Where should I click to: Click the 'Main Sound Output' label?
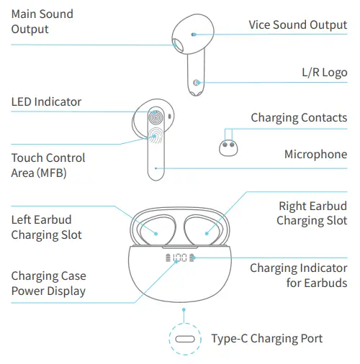tap(42, 22)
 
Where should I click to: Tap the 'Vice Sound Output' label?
tap(298, 24)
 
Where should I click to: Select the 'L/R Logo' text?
tap(324, 73)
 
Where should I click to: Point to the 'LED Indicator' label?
tap(46, 102)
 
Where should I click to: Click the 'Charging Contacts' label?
tap(299, 118)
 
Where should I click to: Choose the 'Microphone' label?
tap(315, 154)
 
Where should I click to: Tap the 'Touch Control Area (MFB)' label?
tap(48, 165)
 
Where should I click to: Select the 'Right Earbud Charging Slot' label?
tap(312, 214)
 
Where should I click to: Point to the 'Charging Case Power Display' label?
tap(48, 283)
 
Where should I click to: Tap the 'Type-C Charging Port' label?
tap(266, 338)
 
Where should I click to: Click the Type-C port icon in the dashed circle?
tap(186, 339)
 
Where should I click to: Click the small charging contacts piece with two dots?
tap(229, 147)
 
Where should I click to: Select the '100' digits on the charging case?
tap(180, 258)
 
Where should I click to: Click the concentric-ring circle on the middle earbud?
tap(156, 117)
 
